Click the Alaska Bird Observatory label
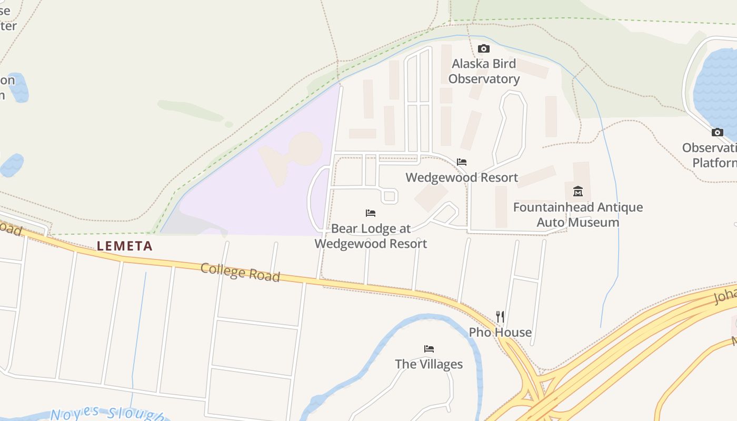click(484, 72)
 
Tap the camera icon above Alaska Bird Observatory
click(483, 49)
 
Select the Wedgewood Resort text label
click(462, 177)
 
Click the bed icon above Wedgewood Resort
click(462, 162)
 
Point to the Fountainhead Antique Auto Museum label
click(578, 215)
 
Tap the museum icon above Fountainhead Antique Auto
click(578, 191)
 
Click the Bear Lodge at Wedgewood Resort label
click(371, 236)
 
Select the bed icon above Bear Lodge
click(371, 213)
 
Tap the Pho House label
click(500, 333)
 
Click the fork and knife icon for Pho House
click(500, 317)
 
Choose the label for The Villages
click(429, 364)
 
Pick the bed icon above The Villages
click(429, 349)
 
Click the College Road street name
click(240, 273)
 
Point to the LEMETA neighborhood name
click(125, 246)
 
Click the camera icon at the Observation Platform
click(717, 133)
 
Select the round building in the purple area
click(305, 148)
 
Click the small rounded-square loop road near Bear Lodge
click(389, 196)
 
